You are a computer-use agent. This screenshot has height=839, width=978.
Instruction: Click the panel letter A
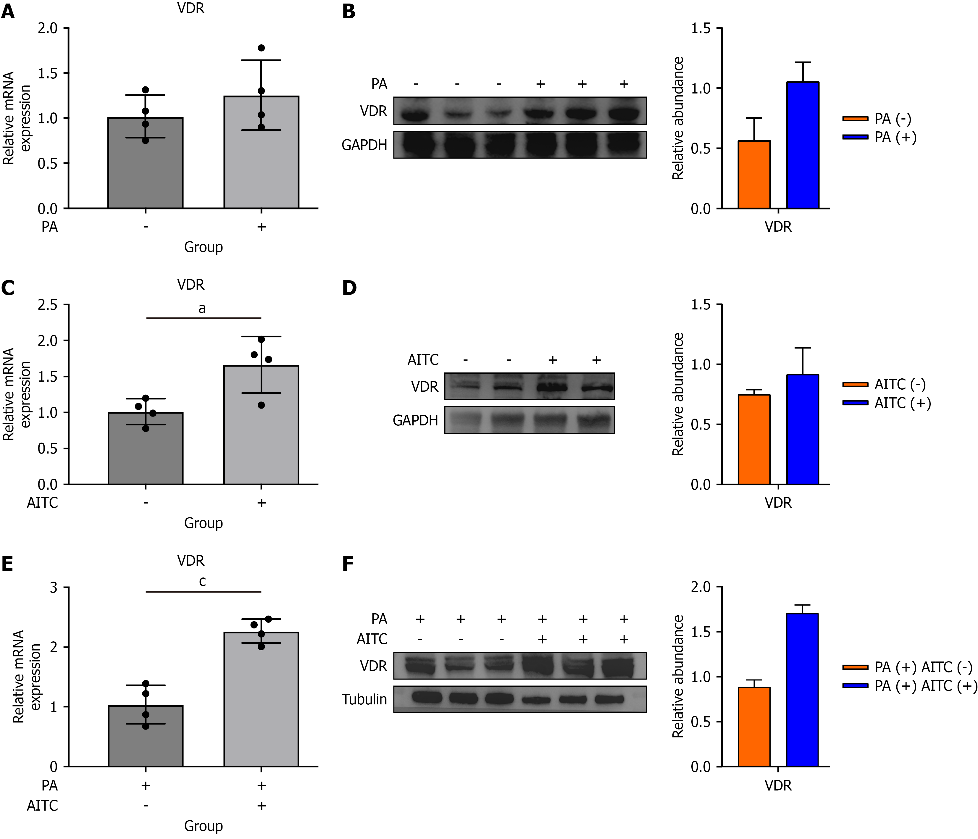tap(8, 11)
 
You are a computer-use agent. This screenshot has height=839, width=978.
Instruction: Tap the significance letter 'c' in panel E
tap(202, 582)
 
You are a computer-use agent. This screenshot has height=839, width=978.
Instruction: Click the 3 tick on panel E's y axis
tap(53, 588)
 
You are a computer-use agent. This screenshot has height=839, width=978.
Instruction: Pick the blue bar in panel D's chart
tap(802, 429)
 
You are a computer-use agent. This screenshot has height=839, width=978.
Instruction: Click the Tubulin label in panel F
tap(364, 700)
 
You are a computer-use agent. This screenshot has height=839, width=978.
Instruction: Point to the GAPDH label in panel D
tap(415, 420)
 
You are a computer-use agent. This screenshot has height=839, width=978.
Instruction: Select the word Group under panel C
tap(204, 523)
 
